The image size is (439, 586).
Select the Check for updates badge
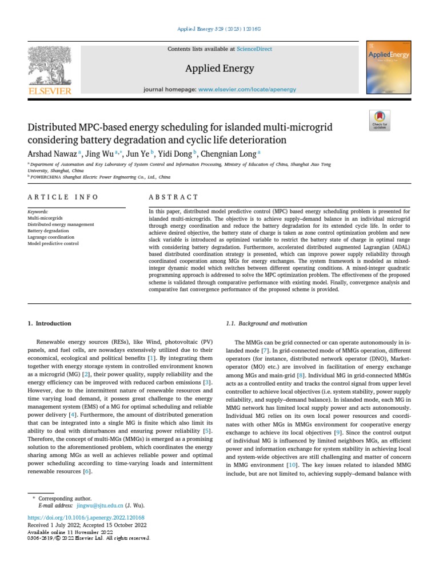click(380, 120)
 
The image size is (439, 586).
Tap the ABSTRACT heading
click(173, 197)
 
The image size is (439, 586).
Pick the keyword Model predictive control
click(53, 244)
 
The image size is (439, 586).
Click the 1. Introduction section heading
click(50, 323)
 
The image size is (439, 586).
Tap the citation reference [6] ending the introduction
click(87, 472)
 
